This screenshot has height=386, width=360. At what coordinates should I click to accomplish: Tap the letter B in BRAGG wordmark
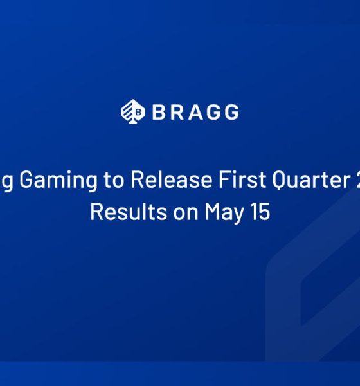coord(158,112)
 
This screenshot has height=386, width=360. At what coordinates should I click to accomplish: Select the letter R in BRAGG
coord(176,112)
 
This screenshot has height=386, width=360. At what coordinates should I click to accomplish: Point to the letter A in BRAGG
coord(194,112)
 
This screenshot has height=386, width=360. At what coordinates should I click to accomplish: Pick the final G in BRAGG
coord(231,112)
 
